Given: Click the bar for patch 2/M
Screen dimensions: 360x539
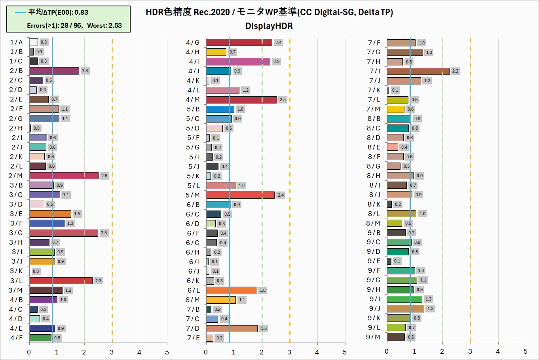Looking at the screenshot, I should coord(64,176).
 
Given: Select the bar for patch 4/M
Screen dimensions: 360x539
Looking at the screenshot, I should coord(241,100).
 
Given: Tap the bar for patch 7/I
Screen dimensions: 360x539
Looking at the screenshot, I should coord(418,71).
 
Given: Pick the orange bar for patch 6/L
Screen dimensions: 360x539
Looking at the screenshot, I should coord(231,290).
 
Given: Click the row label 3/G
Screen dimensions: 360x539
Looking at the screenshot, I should coord(16,233).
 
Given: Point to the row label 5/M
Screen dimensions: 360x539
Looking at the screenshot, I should coord(193,195).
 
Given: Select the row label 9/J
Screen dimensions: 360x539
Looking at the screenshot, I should coord(374,308).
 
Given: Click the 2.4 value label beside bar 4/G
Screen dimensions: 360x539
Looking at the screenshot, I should coord(278,42).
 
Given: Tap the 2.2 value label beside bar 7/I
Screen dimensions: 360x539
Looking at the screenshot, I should coord(455,71).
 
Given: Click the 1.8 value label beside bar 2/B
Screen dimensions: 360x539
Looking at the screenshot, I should coord(85,71).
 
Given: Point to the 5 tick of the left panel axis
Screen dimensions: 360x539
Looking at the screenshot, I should coord(167,352).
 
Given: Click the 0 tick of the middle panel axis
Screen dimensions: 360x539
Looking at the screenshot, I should coord(206,352).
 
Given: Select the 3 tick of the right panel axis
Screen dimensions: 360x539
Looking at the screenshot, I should coord(470,351).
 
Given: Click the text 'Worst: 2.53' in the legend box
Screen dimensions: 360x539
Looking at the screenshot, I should coord(104,25).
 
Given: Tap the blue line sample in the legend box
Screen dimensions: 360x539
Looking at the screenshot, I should coord(20,12).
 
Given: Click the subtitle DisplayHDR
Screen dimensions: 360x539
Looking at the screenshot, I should coord(269,26).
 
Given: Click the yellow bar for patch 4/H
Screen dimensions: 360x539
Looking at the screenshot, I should coord(216,52).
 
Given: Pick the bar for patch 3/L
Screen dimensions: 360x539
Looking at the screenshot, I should coord(61,281).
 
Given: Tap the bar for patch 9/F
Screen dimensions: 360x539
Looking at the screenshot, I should coord(401,270).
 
